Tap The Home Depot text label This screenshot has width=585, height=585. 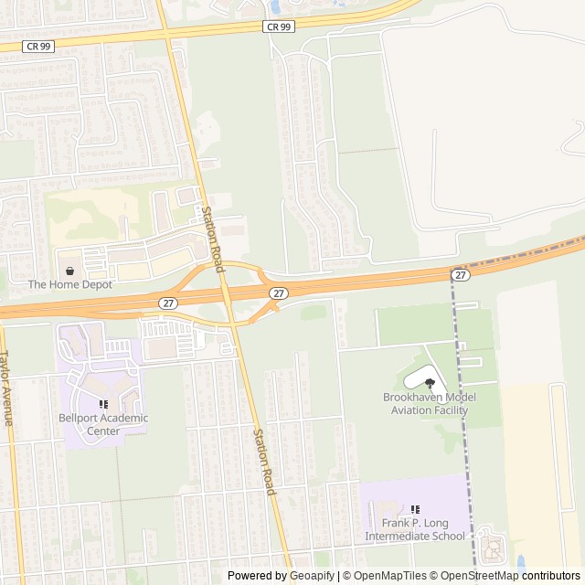point(70,284)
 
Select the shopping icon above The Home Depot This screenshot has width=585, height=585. point(70,271)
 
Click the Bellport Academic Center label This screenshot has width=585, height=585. point(102,425)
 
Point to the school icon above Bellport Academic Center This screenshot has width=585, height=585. point(103,404)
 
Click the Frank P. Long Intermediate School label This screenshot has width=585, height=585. point(415,530)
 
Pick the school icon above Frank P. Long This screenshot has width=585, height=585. point(416,509)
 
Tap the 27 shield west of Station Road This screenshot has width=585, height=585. point(167,303)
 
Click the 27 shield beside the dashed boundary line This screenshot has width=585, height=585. point(460,274)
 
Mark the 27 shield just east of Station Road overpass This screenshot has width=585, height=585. point(279,292)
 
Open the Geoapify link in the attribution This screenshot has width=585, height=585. point(314,576)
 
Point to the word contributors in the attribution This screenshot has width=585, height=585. point(551,576)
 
